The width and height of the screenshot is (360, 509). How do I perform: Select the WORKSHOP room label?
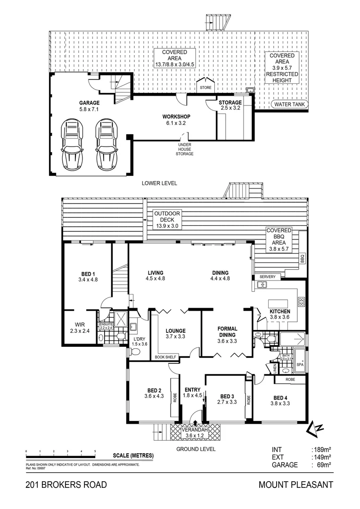[176, 116]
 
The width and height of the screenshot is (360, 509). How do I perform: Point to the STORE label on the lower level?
[205, 88]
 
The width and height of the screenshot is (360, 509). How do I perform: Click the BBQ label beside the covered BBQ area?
[303, 259]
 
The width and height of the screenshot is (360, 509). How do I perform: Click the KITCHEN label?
[279, 312]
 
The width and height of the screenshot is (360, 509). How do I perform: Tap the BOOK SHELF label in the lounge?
[165, 357]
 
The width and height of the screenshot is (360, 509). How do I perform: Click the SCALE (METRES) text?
[133, 455]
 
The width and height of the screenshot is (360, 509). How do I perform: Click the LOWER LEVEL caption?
[159, 183]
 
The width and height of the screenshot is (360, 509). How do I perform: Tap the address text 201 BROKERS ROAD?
[66, 485]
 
